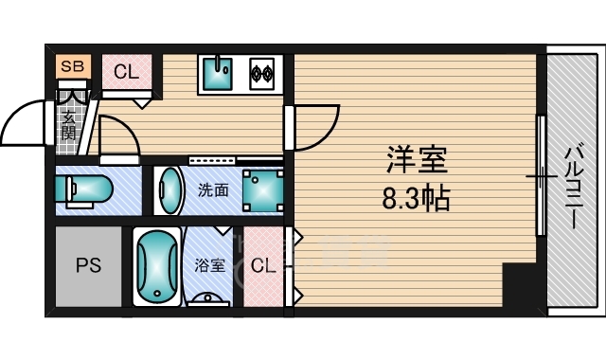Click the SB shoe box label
70,66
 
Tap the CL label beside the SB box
125,71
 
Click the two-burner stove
261,72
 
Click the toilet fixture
83,190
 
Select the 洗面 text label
213,189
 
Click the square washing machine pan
261,190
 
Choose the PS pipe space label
88,266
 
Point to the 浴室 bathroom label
210,265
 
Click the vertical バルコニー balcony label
573,185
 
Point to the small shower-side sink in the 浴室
210,298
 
